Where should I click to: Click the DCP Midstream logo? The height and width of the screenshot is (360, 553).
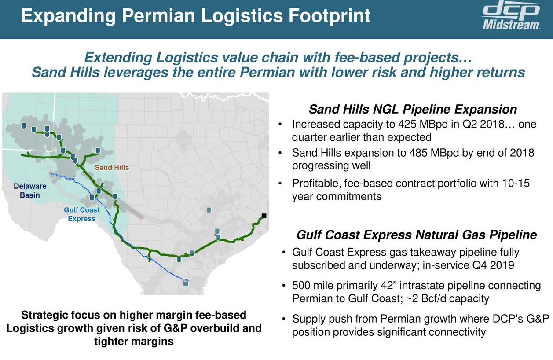[511, 18]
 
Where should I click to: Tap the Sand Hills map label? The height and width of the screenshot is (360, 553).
[112, 168]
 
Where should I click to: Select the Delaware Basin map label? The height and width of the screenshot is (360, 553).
[30, 191]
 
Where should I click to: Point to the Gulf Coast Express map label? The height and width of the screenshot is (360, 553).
[81, 214]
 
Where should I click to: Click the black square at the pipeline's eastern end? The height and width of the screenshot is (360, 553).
[264, 215]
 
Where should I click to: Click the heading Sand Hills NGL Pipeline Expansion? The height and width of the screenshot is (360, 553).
[413, 109]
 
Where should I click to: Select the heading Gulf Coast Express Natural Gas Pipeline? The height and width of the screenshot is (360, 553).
[417, 235]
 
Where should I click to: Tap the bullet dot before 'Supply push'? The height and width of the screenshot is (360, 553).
[284, 319]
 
